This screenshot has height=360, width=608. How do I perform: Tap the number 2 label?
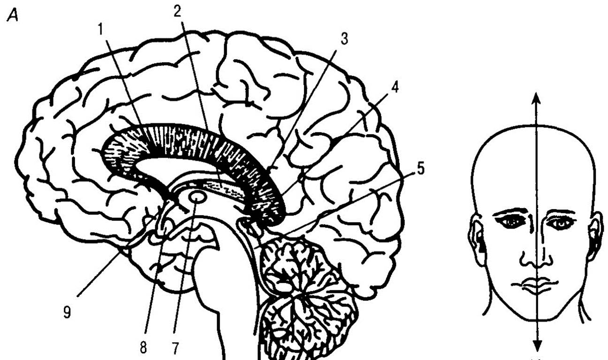177,12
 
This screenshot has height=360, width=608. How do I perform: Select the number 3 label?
344,39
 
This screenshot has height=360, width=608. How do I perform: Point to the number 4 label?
395,88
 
